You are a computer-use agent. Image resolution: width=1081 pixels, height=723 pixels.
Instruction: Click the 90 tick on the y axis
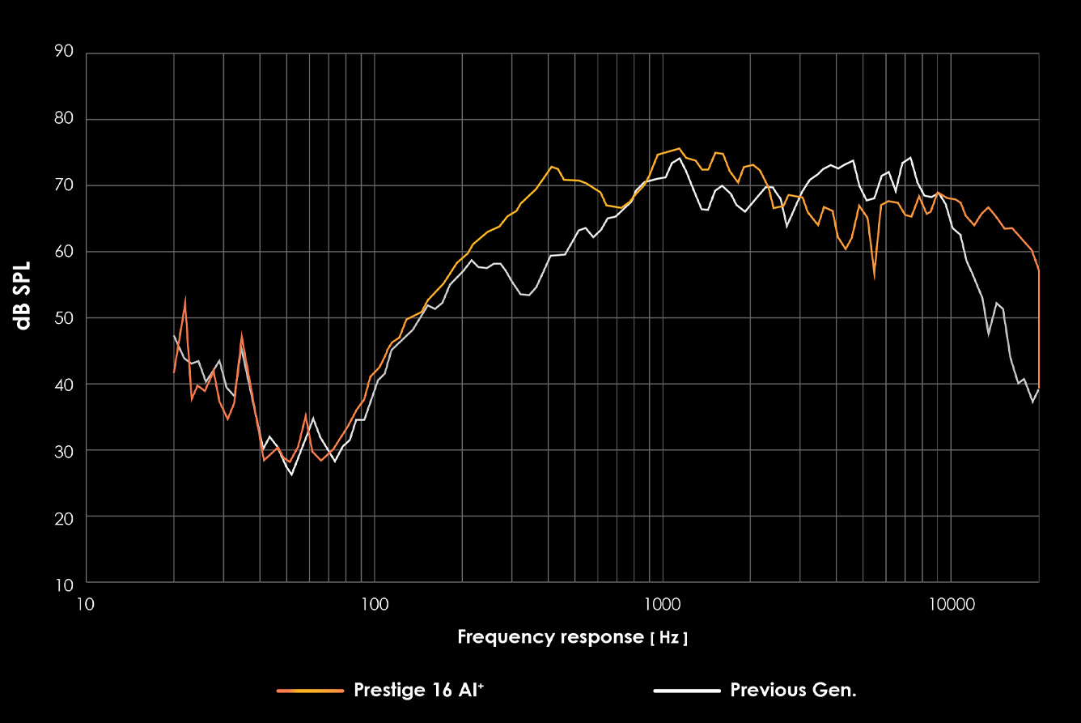pos(64,53)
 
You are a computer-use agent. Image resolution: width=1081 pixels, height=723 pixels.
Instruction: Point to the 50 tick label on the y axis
pos(64,317)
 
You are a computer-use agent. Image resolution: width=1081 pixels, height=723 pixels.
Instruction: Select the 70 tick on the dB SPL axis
pos(64,185)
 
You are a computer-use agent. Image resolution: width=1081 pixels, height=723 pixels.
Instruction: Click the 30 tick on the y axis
pos(64,450)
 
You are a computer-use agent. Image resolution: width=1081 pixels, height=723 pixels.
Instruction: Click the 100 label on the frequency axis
pos(374,603)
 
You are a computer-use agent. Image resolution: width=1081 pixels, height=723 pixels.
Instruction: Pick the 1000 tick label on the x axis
pos(662,603)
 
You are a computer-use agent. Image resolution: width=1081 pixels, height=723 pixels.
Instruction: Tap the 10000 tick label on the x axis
pos(950,603)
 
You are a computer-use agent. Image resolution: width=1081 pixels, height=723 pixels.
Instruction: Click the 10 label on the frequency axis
pos(86,603)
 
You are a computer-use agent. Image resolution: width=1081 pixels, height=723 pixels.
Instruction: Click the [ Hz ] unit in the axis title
pos(669,638)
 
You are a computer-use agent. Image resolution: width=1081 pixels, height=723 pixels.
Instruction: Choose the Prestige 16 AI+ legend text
pos(419,690)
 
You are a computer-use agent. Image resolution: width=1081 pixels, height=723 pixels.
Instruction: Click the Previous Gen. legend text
pos(793,690)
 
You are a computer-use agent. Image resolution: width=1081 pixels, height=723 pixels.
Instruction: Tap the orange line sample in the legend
pos(310,691)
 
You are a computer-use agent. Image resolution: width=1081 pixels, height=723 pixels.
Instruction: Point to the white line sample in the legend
pos(686,691)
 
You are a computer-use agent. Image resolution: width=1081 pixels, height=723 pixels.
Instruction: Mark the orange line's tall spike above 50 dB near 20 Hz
pos(185,301)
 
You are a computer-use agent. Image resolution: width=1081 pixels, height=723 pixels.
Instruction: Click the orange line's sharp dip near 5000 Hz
pos(874,276)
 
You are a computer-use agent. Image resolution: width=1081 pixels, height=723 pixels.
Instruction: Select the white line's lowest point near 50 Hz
pos(291,474)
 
